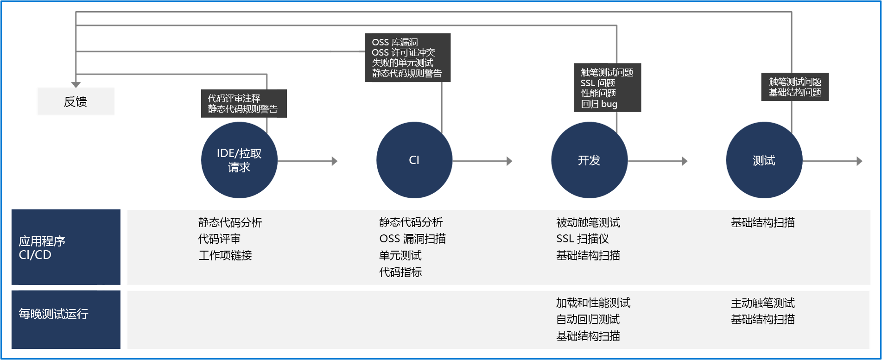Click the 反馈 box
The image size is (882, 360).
pos(75,101)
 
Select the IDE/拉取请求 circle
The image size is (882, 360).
pos(239,160)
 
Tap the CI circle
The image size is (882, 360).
pos(414,160)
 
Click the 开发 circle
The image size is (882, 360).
pos(589,160)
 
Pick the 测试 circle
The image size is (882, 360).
pos(763,160)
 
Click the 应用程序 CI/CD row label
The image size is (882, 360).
pos(65,247)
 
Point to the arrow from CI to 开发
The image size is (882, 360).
pos(482,161)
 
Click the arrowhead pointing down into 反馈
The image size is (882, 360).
pos(76,84)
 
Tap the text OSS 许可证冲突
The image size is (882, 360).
pos(403,52)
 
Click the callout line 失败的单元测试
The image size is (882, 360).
pos(402,63)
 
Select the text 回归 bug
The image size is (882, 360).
pos(599,104)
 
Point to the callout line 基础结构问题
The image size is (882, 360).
pos(795,92)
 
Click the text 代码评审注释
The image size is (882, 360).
pos(234,98)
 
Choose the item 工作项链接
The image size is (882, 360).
pos(225,255)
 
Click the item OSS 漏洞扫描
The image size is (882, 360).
pos(412,239)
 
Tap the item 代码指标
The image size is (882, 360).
pos(400,272)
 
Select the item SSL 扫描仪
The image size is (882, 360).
pos(583,239)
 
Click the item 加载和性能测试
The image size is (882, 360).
pos(593,303)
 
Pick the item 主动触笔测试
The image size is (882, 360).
pos(763,303)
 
